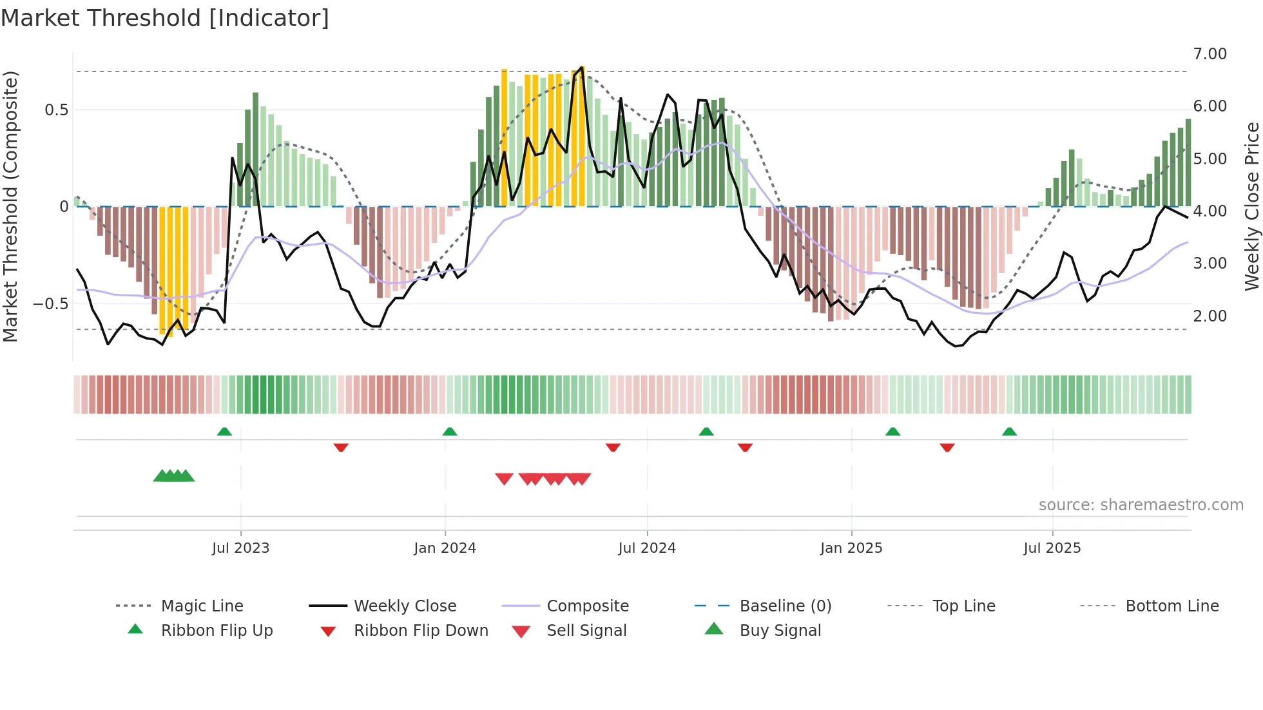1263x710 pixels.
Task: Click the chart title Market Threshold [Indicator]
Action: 165,18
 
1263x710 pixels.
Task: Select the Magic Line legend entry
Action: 202,606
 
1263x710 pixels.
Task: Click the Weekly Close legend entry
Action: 405,606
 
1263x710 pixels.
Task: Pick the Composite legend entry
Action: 587,606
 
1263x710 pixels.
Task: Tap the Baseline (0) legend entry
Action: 785,606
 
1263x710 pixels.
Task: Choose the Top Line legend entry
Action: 963,606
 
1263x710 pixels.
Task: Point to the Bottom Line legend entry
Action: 1171,606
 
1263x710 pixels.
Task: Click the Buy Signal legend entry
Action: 780,631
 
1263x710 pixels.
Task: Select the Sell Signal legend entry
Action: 586,631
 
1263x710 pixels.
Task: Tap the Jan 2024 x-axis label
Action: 445,548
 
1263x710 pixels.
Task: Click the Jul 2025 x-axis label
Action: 1052,548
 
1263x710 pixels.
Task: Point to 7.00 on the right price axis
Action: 1210,54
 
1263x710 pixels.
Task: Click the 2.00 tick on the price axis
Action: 1210,316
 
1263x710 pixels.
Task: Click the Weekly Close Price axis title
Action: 1251,206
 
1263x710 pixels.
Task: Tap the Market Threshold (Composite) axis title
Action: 10,206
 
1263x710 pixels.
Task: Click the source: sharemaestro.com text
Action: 1141,505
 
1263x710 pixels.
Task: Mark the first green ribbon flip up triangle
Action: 224,432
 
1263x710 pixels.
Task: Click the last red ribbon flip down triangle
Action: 947,447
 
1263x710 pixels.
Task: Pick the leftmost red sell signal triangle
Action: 504,479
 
